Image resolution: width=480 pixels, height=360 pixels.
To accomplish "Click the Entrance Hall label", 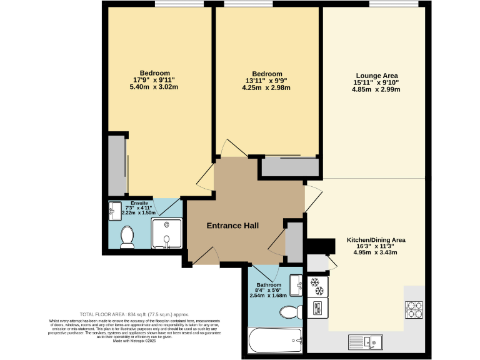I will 232,226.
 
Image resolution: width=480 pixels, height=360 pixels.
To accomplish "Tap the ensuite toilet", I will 127,237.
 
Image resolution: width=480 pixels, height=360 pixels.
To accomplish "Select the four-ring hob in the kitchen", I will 414,309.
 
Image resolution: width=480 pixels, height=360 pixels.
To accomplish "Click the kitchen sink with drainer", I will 367,341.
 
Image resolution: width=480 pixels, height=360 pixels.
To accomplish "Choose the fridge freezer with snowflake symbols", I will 317,286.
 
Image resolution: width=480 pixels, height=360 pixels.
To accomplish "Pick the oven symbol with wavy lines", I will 317,307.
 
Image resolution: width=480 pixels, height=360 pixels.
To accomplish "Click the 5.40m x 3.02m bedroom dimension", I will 154,87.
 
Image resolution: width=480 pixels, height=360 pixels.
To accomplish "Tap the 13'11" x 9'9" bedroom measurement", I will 267,81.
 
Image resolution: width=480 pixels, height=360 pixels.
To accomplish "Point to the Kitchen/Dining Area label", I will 376,239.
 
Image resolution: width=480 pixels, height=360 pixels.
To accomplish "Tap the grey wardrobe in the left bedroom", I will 117,164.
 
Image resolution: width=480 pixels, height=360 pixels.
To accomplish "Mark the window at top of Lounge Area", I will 394,5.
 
